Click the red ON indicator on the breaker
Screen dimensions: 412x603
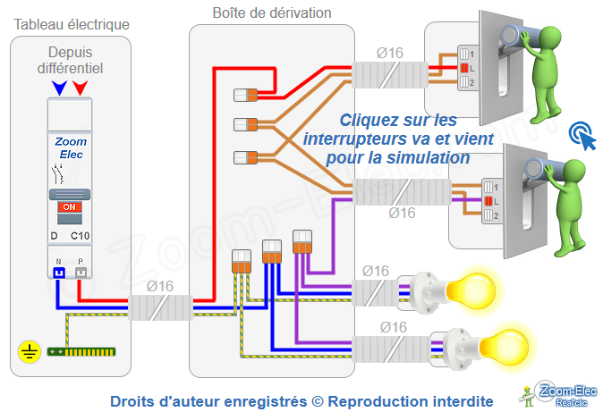pyautogui.click(x=69, y=207)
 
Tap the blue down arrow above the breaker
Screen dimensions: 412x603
pyautogui.click(x=60, y=88)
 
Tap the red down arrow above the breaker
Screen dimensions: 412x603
pyautogui.click(x=81, y=88)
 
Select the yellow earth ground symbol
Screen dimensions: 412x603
pyautogui.click(x=28, y=351)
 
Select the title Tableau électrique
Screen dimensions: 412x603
pyautogui.click(x=72, y=23)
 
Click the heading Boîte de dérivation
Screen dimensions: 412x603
pyautogui.click(x=272, y=13)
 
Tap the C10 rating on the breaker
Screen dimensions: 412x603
pyautogui.click(x=80, y=235)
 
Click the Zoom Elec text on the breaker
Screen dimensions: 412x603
pyautogui.click(x=70, y=147)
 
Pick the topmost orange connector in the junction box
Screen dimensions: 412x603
pyautogui.click(x=245, y=94)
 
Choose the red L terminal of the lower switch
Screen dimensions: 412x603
pyautogui.click(x=488, y=202)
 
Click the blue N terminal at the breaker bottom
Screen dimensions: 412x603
pyautogui.click(x=58, y=272)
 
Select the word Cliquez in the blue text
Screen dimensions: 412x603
pyautogui.click(x=368, y=120)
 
